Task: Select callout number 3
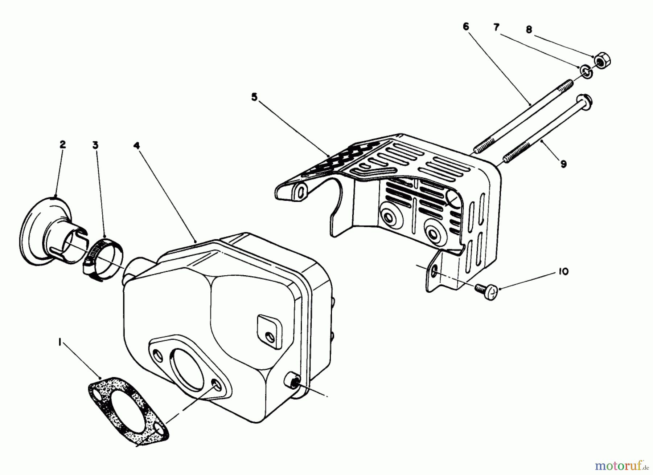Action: pyautogui.click(x=95, y=145)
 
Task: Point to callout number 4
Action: pyautogui.click(x=136, y=145)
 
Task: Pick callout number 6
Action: pyautogui.click(x=466, y=26)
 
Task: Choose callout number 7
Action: pyautogui.click(x=496, y=27)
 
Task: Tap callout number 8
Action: pyautogui.click(x=529, y=30)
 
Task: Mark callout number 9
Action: pyautogui.click(x=563, y=164)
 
